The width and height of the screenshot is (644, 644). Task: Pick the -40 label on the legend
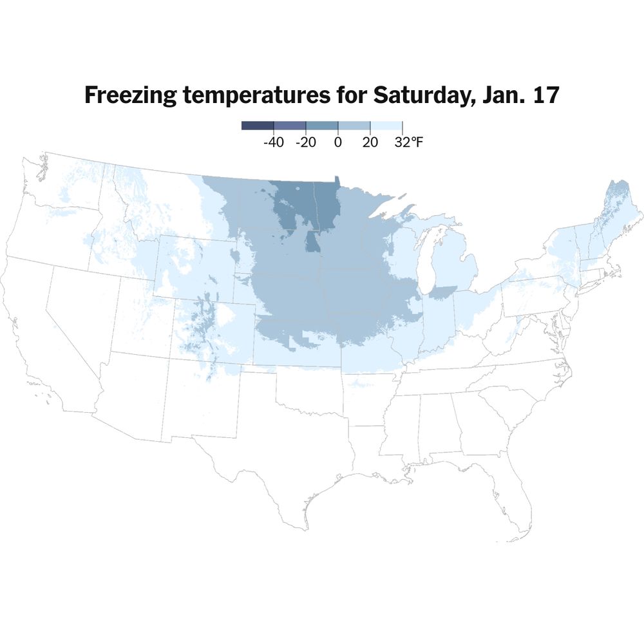tap(274, 142)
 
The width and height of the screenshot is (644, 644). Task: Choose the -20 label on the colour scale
tap(305, 142)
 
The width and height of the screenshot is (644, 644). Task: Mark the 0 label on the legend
tap(337, 142)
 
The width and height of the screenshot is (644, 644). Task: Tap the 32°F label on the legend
tap(408, 142)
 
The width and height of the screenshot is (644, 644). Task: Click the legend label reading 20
tap(370, 142)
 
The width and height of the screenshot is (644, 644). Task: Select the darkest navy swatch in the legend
tap(258, 126)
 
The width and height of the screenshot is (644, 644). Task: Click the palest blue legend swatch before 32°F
tap(386, 126)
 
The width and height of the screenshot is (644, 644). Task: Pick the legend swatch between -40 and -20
tap(290, 126)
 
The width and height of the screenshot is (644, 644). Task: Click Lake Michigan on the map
tap(424, 258)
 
